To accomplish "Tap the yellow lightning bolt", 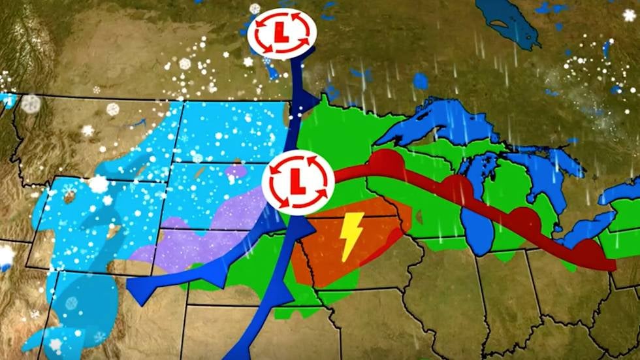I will tap(350, 236).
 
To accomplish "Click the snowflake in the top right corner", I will tap(629, 15).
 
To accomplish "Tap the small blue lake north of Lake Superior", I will tap(421, 81).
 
